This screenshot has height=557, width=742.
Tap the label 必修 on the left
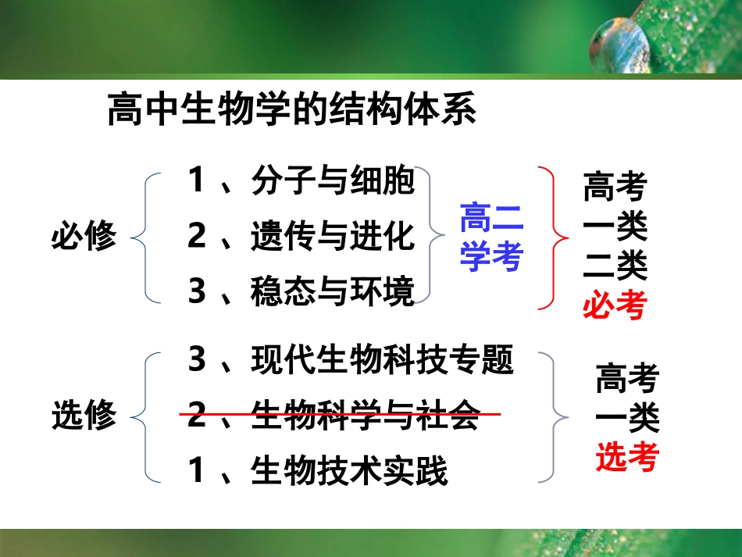click(x=84, y=235)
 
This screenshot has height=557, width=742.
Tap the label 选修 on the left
click(x=84, y=415)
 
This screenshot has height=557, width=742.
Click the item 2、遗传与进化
click(x=301, y=236)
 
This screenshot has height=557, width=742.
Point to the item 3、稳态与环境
click(x=301, y=291)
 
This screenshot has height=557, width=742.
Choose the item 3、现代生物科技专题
click(x=351, y=360)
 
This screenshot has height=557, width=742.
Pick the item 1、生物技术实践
click(x=318, y=471)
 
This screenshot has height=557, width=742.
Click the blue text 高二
click(x=491, y=219)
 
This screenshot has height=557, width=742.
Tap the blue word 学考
click(x=491, y=256)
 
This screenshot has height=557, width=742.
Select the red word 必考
click(x=615, y=305)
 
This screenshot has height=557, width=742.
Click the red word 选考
click(x=627, y=458)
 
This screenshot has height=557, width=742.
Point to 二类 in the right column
click(x=615, y=266)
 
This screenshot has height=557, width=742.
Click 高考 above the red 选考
click(x=627, y=380)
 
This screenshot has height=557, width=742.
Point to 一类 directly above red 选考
click(x=627, y=419)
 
